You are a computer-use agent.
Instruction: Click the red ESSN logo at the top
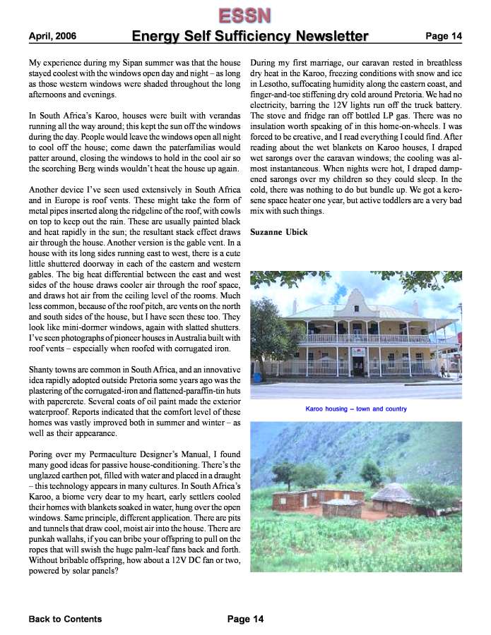pos(244,14)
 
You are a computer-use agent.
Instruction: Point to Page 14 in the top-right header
pos(443,36)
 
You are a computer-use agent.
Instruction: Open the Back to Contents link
pos(65,619)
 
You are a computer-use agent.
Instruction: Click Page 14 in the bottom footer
pos(245,619)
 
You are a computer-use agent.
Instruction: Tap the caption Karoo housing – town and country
pos(356,409)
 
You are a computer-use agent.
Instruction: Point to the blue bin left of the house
pos(256,377)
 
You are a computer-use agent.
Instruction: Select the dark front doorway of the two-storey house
pos(358,365)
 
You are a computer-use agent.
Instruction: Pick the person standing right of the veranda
pos(443,370)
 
